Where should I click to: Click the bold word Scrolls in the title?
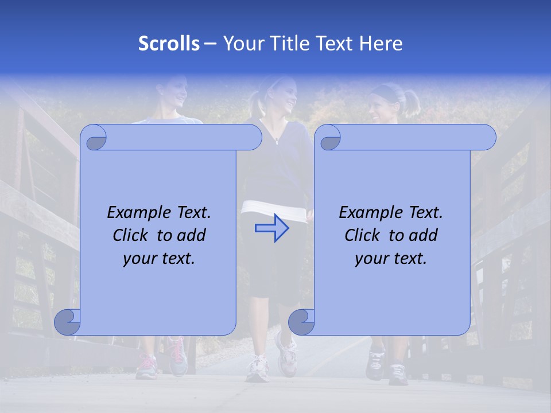click(169, 44)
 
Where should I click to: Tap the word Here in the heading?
click(381, 44)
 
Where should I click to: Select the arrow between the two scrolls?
click(271, 229)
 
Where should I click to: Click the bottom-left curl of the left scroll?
click(68, 322)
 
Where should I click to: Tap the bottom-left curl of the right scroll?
click(302, 322)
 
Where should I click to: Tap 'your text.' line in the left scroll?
click(159, 258)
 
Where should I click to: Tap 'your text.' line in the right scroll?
click(391, 258)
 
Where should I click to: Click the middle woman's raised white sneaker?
click(286, 348)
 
